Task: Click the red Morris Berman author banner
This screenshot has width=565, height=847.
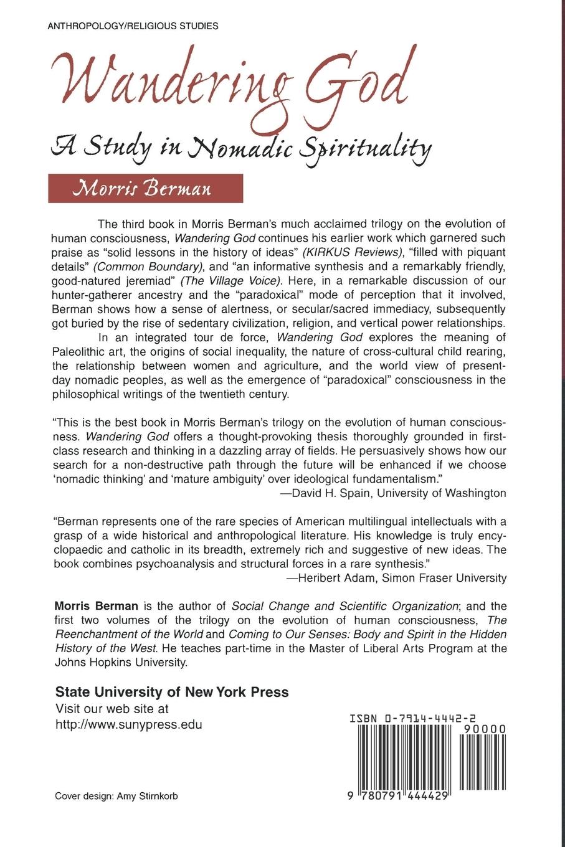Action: click(x=145, y=188)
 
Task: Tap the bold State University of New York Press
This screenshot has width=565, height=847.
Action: click(x=172, y=692)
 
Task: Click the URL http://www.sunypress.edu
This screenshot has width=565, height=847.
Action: click(x=129, y=724)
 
